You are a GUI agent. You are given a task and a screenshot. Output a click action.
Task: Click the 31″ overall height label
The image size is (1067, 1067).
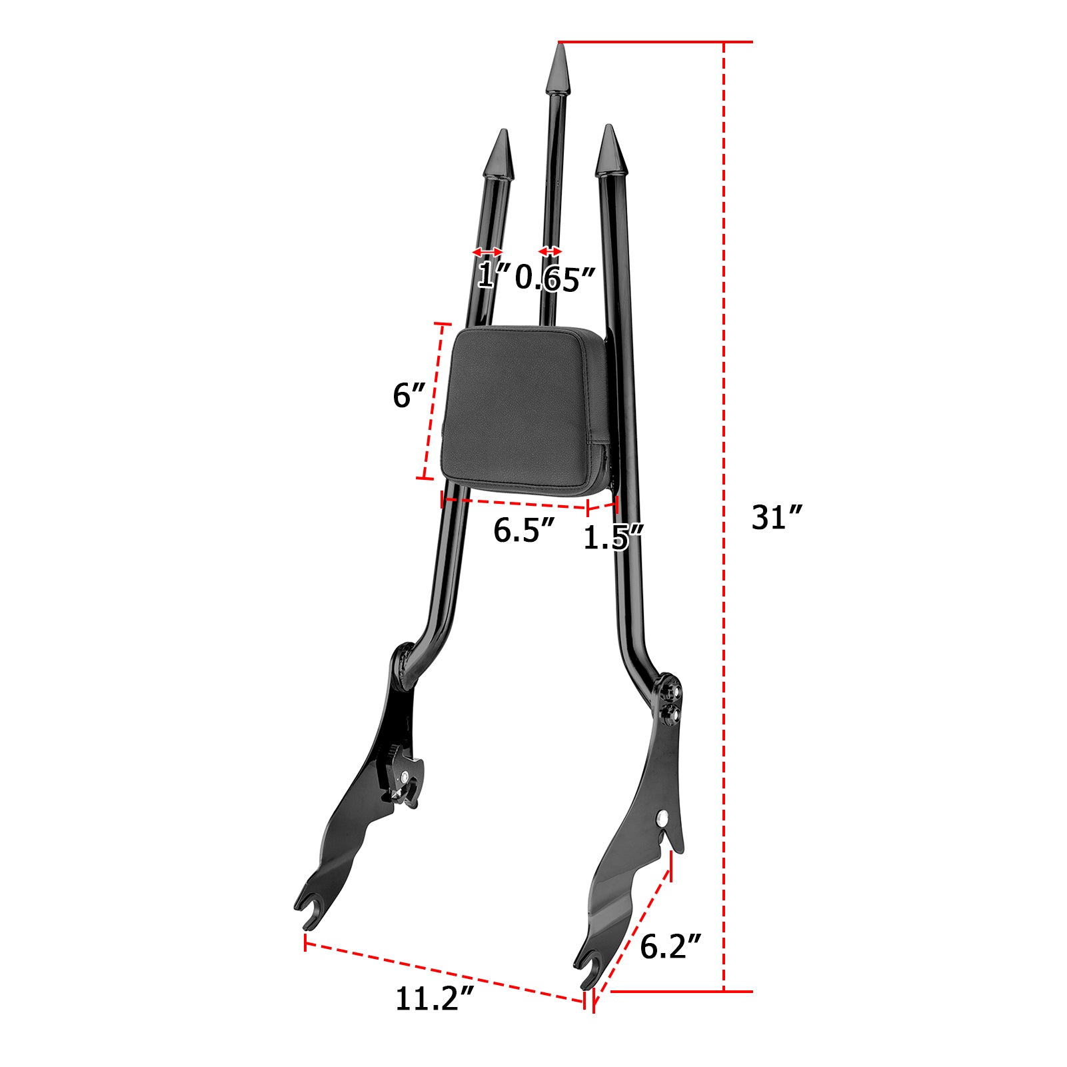pyautogui.click(x=776, y=518)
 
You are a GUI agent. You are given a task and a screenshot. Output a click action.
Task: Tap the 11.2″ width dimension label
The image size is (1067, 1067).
pyautogui.click(x=435, y=998)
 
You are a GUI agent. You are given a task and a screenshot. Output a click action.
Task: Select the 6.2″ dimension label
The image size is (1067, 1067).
pyautogui.click(x=670, y=946)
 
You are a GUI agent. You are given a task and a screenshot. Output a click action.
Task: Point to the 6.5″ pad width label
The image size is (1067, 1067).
pyautogui.click(x=524, y=531)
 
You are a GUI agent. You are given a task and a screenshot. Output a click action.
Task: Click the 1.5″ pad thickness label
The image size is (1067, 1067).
pyautogui.click(x=613, y=537)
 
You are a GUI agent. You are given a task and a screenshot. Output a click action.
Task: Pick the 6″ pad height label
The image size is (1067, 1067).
pyautogui.click(x=409, y=396)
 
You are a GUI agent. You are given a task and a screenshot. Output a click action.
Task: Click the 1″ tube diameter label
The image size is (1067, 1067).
pyautogui.click(x=493, y=275)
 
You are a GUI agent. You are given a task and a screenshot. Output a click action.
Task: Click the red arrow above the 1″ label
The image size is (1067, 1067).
pyautogui.click(x=487, y=252)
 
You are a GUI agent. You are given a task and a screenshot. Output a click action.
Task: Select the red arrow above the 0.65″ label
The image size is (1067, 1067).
pyautogui.click(x=550, y=251)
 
